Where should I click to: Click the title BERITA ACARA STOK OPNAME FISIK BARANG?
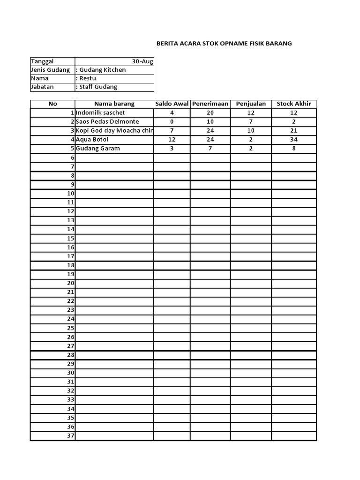(224, 44)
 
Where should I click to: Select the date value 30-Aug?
(142, 61)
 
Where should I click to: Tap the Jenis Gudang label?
(50, 70)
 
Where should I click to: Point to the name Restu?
(88, 78)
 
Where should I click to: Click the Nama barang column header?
(114, 104)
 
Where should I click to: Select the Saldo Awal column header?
(172, 104)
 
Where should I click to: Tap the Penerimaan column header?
(210, 104)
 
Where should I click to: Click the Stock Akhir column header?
(294, 104)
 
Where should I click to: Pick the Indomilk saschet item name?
(100, 113)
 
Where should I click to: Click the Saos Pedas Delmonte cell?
(107, 122)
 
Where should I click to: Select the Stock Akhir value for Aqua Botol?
(294, 140)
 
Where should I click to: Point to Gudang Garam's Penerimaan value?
(210, 149)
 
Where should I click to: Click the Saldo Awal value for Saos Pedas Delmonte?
(172, 122)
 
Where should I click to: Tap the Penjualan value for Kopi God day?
(251, 131)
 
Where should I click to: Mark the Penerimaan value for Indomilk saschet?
(210, 113)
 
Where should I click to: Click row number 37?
(71, 436)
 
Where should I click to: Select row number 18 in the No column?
(71, 265)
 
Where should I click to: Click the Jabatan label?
(42, 87)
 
